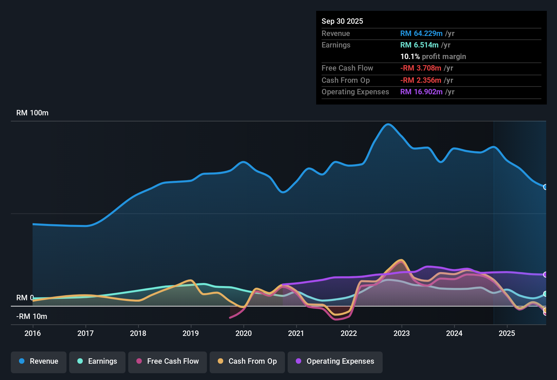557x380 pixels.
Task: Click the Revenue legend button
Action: [39, 361]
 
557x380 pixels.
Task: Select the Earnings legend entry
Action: [97, 361]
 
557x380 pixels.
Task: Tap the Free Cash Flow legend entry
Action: [168, 361]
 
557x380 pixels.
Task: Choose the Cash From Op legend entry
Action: [247, 361]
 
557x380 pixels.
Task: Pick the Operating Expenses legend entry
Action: [335, 361]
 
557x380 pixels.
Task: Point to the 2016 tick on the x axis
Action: [33, 333]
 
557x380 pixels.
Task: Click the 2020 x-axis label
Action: [244, 333]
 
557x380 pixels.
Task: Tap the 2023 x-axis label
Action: [402, 333]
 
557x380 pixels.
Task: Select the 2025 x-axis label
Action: [507, 333]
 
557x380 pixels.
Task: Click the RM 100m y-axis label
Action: [32, 113]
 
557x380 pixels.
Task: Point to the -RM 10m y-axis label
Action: [32, 317]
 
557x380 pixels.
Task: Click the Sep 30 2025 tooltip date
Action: [342, 21]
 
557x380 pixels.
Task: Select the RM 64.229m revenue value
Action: [421, 34]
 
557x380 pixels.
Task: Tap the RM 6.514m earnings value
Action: [419, 45]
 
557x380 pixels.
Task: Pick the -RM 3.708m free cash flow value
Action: [421, 68]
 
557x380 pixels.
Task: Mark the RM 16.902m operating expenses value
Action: [421, 92]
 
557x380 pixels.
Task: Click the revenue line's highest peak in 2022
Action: [388, 124]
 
